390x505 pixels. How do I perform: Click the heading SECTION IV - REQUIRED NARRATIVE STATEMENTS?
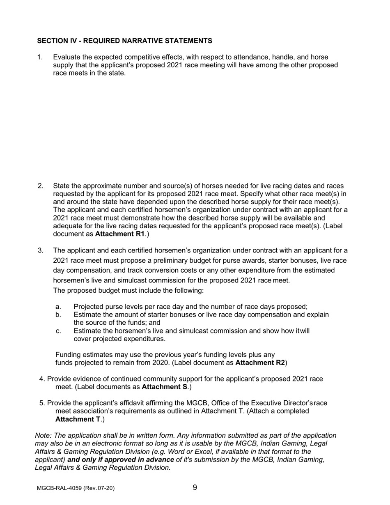(124, 41)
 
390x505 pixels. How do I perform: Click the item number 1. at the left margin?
(40, 57)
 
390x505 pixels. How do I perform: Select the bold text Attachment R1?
(119, 234)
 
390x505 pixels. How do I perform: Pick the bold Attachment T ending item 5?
(78, 419)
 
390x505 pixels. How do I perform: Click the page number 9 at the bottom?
(195, 488)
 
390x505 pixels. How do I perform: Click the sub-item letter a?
(58, 307)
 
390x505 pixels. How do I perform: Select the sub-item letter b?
(58, 315)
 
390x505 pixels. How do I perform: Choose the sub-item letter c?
(58, 331)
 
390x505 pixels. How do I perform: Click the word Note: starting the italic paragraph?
(44, 436)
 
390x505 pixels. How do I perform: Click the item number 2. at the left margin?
(40, 186)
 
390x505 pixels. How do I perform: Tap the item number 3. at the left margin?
(40, 250)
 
